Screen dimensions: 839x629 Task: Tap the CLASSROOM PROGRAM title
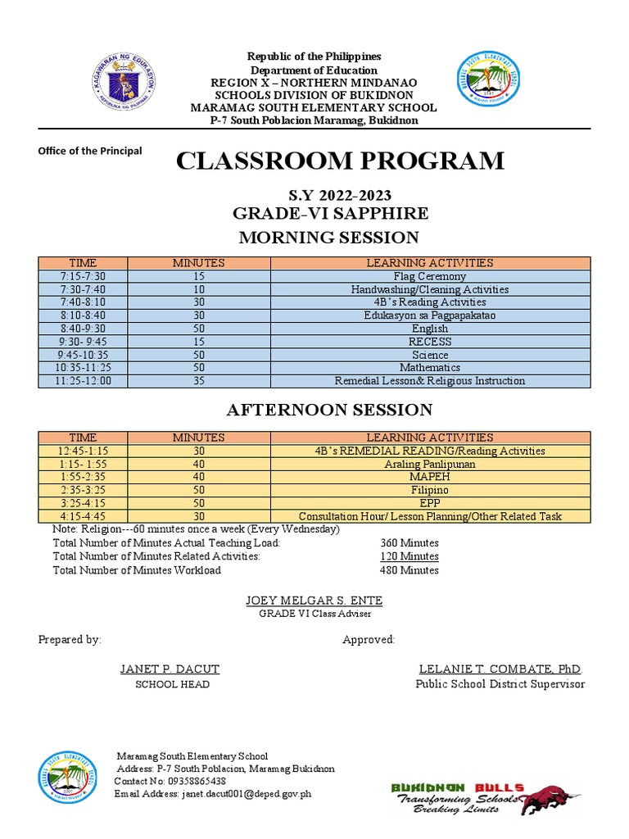point(340,161)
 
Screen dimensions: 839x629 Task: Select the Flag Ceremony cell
point(429,277)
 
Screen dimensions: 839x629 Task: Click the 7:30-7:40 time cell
point(83,290)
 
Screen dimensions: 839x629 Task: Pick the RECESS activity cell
point(429,342)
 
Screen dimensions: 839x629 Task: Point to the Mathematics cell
point(429,369)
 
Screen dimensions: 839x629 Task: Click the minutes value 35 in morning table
point(198,382)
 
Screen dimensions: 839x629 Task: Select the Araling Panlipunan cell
point(429,465)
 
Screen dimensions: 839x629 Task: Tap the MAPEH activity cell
point(429,478)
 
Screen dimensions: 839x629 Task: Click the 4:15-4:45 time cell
point(83,517)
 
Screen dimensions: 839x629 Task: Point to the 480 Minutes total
point(409,570)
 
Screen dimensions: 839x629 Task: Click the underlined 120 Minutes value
point(409,556)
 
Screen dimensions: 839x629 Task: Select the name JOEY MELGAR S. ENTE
point(314,601)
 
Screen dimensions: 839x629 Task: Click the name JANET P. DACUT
point(170,669)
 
